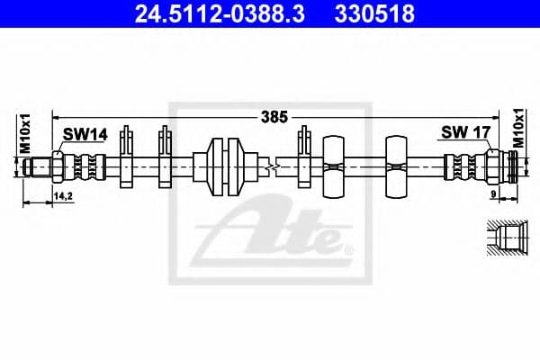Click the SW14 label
(85, 134)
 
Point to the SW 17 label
(464, 133)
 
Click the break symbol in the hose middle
(270, 166)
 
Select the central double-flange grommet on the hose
(225, 166)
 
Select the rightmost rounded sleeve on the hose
(397, 166)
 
